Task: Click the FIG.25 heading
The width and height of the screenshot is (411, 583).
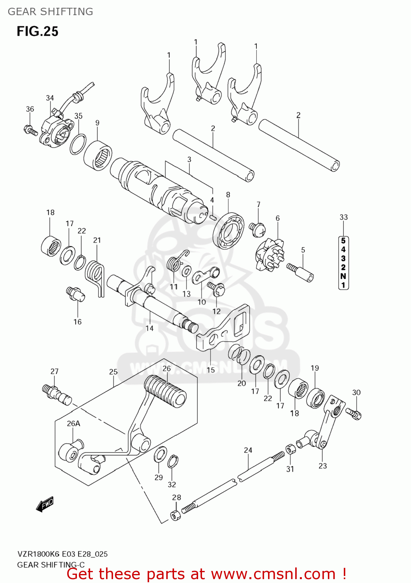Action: click(x=37, y=31)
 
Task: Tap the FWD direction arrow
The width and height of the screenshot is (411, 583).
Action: click(x=45, y=504)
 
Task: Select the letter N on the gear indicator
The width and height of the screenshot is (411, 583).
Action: click(x=343, y=276)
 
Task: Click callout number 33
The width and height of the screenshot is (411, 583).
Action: click(x=343, y=217)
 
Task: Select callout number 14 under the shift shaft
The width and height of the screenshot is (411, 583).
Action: click(x=150, y=328)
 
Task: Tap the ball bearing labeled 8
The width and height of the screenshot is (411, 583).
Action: click(x=228, y=230)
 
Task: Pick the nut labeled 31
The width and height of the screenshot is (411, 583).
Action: click(x=291, y=450)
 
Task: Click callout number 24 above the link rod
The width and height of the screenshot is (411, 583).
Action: click(x=248, y=450)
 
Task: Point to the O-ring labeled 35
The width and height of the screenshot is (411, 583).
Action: click(x=78, y=144)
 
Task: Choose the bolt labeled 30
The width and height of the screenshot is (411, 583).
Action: click(x=354, y=413)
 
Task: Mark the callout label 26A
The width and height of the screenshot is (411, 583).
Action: click(x=73, y=423)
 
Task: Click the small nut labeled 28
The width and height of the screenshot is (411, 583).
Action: click(x=176, y=515)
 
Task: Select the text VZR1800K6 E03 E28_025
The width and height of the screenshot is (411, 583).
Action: click(x=62, y=554)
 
